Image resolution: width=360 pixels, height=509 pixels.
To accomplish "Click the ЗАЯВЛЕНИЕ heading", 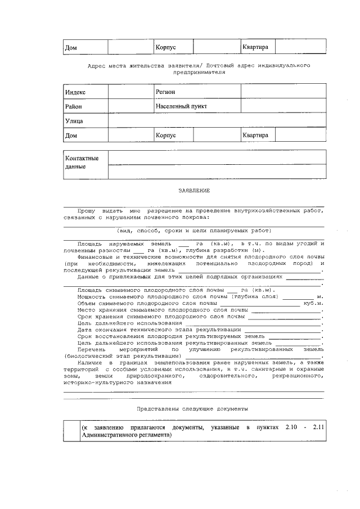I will pos(194,191).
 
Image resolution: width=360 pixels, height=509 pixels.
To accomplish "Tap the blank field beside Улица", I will pos(217,121).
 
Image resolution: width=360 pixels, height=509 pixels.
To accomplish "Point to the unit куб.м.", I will pos(313,303).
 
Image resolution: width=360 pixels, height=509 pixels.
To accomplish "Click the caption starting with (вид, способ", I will pos(194,231).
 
